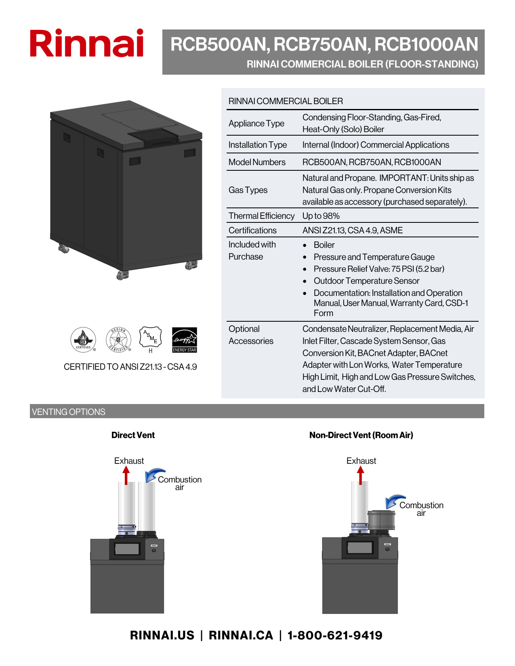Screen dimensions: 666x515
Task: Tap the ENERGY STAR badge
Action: (x=184, y=340)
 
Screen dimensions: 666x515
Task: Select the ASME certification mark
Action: (x=150, y=338)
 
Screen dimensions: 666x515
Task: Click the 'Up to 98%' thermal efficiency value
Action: (x=321, y=216)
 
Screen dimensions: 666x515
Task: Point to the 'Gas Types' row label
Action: (x=248, y=190)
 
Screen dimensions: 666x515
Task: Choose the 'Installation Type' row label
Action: (x=258, y=145)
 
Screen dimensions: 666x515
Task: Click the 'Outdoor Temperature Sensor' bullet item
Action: (x=366, y=281)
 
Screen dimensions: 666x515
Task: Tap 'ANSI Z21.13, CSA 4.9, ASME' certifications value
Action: (x=352, y=230)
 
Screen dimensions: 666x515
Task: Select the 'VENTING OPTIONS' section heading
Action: (x=69, y=412)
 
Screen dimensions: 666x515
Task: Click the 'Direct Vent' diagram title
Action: (x=133, y=435)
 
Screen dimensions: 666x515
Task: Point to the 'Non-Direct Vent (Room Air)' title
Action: (x=361, y=435)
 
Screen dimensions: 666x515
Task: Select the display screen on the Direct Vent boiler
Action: (x=127, y=549)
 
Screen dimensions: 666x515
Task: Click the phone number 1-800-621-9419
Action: (x=334, y=635)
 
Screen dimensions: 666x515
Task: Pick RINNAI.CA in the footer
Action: (x=241, y=635)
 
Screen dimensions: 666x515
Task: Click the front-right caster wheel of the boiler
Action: (x=191, y=265)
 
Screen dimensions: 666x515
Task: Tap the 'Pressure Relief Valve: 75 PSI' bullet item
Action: (x=378, y=269)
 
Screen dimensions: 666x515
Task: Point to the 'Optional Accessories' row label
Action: (x=251, y=335)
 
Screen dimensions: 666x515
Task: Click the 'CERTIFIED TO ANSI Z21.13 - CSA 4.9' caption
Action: (x=130, y=367)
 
